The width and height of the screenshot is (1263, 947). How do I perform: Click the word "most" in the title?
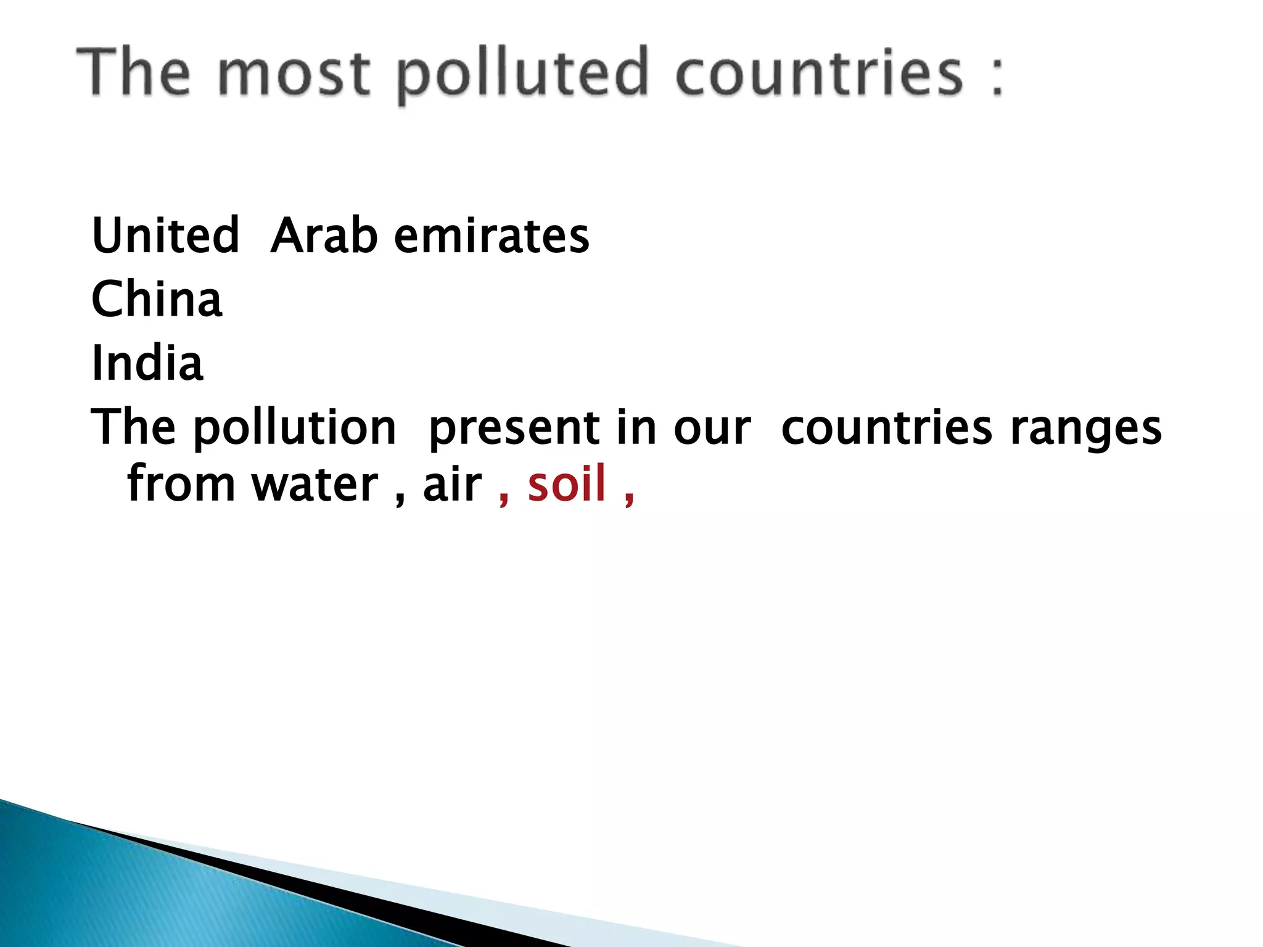tap(294, 74)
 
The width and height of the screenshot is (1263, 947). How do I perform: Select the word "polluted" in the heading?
tap(522, 75)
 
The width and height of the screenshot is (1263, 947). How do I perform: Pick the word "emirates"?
tap(492, 236)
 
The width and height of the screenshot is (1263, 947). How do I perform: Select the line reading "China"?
tap(157, 299)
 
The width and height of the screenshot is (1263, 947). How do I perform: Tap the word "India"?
tap(147, 363)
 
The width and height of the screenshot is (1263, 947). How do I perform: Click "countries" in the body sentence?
tap(886, 427)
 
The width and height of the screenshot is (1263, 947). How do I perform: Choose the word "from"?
tap(181, 484)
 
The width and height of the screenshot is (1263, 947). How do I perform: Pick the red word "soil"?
tap(567, 484)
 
